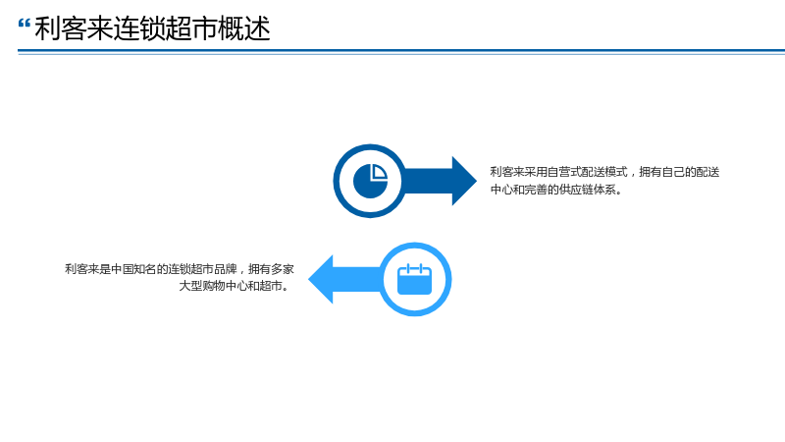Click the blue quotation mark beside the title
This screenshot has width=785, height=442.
pyautogui.click(x=24, y=24)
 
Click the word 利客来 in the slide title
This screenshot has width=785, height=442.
pyautogui.click(x=74, y=28)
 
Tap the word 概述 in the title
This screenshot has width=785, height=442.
pyautogui.click(x=244, y=28)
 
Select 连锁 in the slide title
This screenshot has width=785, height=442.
pyautogui.click(x=139, y=28)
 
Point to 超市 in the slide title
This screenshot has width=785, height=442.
pyautogui.click(x=191, y=28)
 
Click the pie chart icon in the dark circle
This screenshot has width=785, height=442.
pyautogui.click(x=371, y=181)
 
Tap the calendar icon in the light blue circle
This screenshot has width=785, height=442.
pyautogui.click(x=414, y=279)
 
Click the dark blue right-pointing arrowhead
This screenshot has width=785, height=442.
pyautogui.click(x=464, y=181)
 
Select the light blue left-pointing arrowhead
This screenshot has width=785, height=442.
pyautogui.click(x=321, y=279)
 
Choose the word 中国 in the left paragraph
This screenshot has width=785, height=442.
pyautogui.click(x=122, y=269)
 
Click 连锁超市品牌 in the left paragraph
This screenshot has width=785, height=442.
pyautogui.click(x=202, y=269)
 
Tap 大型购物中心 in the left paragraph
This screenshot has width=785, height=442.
pyautogui.click(x=213, y=286)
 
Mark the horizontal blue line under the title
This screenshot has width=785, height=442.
pyautogui.click(x=401, y=51)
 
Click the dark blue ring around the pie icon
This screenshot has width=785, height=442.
pyautogui.click(x=337, y=181)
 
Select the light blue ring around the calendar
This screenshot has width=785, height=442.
pyautogui.click(x=448, y=279)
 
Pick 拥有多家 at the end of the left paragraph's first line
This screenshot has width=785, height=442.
pyautogui.click(x=271, y=269)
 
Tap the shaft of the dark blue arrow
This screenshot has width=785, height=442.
pyautogui.click(x=428, y=181)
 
